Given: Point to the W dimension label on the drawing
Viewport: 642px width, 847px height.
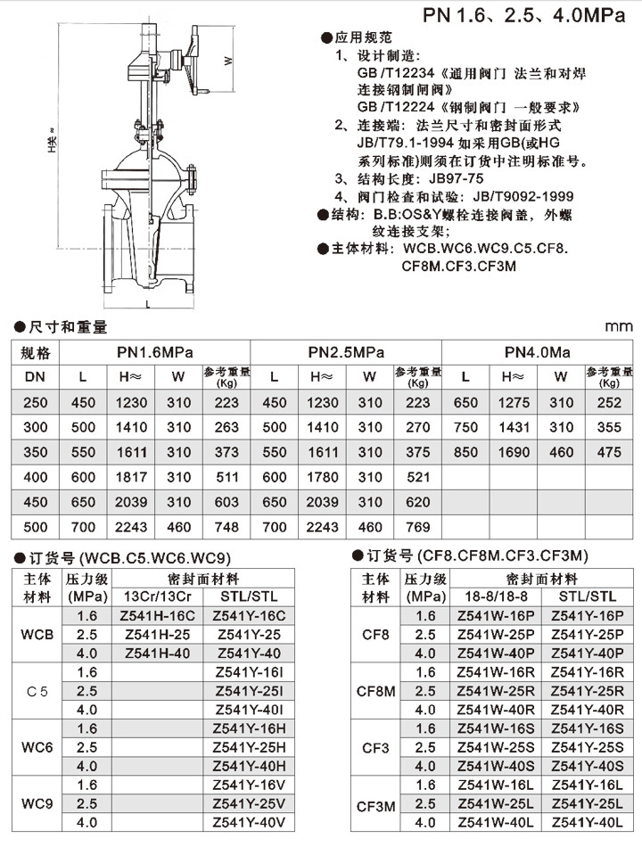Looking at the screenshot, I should click(x=228, y=61).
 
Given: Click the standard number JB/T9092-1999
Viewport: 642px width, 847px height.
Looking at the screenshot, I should click(x=524, y=196).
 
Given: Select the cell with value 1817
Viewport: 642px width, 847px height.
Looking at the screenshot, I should click(x=132, y=477).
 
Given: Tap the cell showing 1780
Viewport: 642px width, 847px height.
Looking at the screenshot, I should click(x=323, y=477).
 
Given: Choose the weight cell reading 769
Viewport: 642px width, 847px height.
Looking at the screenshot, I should click(x=417, y=527).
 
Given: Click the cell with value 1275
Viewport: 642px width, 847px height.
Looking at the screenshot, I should click(x=514, y=402).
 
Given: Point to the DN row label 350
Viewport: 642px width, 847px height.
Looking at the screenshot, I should click(x=35, y=452).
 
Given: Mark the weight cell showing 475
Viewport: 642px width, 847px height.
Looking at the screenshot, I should click(x=609, y=452).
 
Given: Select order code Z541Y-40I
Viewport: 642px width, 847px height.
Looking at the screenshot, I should click(x=249, y=710).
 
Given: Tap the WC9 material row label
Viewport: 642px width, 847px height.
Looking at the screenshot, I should click(x=37, y=803).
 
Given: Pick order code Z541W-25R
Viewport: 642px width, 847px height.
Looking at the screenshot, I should click(x=496, y=691).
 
